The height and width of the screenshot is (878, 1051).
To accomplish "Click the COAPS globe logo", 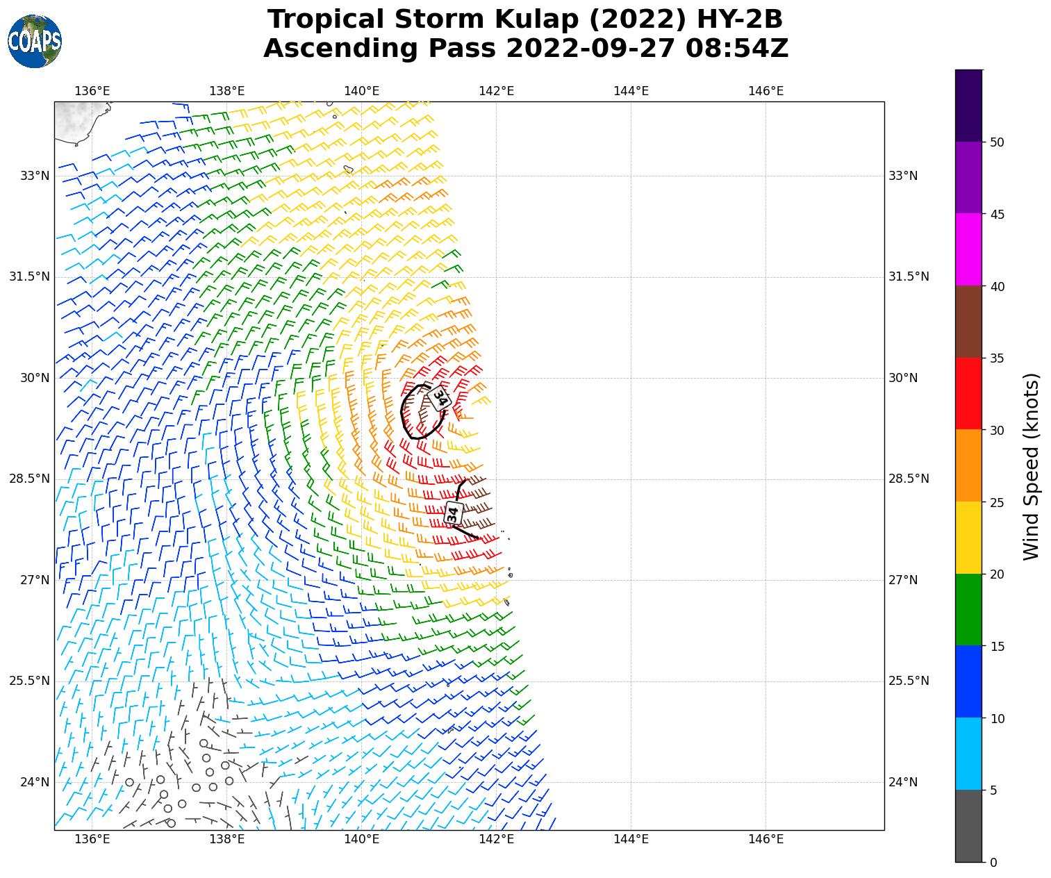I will pos(35,42).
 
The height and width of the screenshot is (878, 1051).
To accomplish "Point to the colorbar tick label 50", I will pos(997,142).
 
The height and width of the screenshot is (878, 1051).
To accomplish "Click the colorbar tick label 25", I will pos(997,502).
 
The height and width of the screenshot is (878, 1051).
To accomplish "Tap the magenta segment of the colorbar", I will pos(968,249).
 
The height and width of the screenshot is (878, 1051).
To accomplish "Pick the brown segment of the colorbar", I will pos(968,322).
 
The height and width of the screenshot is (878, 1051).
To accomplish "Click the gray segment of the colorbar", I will pos(968,826).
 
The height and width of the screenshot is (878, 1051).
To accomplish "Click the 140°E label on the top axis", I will pos(362,91).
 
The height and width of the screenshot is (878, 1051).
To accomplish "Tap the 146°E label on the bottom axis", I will pos(766,839).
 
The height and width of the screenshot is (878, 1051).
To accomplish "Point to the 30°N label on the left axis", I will pos(35,378).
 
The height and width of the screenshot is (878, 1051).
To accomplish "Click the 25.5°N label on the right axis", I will pos(909,681).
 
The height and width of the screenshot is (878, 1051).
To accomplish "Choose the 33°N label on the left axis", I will pos(35,176).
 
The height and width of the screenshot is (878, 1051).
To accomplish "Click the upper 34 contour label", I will pos(440,399).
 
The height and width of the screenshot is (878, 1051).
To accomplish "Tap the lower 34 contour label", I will pos(453,514).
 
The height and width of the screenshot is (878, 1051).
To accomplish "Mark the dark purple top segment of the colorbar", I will pos(968,106).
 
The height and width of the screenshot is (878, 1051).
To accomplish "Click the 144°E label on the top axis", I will pos(631,91).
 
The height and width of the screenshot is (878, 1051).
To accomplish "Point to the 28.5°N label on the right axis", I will pos(909,479).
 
